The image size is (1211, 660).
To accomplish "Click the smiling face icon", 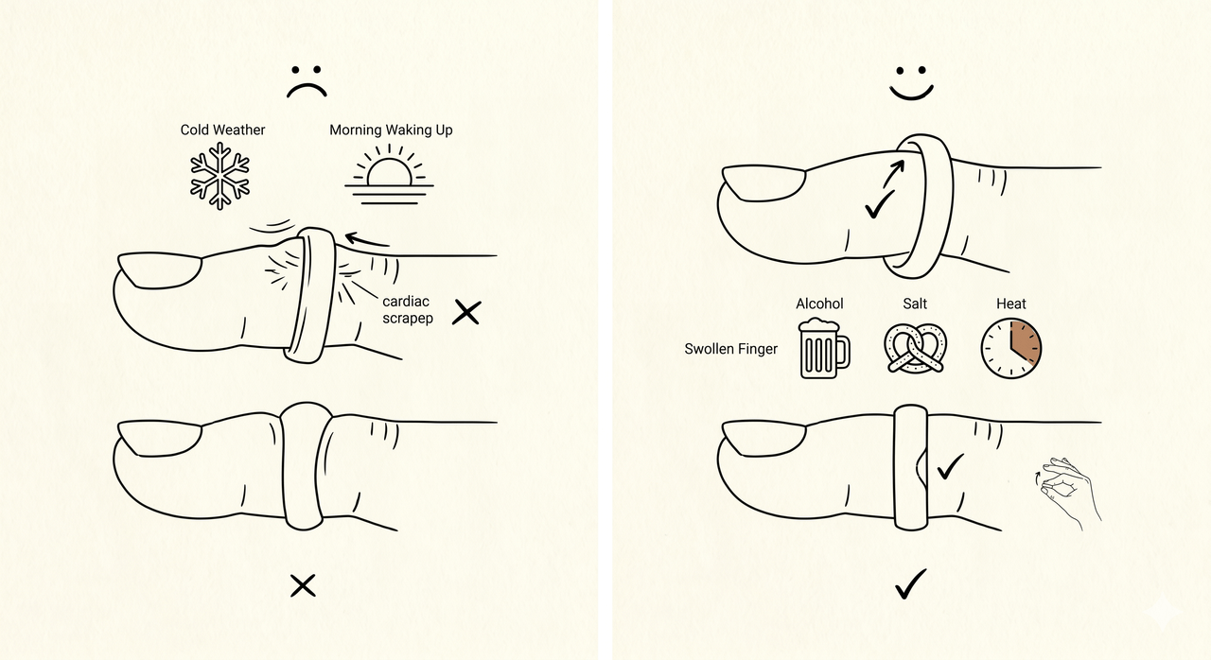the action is [911, 84].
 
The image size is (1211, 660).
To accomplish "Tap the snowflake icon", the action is [220, 176].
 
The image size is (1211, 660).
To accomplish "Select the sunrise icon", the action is [389, 174].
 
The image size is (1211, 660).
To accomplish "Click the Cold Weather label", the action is [222, 130].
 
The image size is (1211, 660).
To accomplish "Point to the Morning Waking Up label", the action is [391, 130].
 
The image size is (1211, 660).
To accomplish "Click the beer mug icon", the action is [824, 348].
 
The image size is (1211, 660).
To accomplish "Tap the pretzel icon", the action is [915, 348].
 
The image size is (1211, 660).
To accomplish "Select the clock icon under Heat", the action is [1011, 348].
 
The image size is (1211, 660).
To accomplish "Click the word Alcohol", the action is [819, 304].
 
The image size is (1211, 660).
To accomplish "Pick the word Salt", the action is [915, 304].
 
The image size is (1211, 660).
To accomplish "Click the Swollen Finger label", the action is [731, 349].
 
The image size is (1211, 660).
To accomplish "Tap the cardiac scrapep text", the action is [408, 309].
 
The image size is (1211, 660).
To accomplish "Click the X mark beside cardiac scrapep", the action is [466, 312].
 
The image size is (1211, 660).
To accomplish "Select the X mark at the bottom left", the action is [303, 586].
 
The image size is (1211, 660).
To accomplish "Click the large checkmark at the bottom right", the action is [911, 583].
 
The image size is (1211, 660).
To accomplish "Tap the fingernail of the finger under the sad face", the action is [160, 270].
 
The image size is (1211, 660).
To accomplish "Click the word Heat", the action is [1011, 304].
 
